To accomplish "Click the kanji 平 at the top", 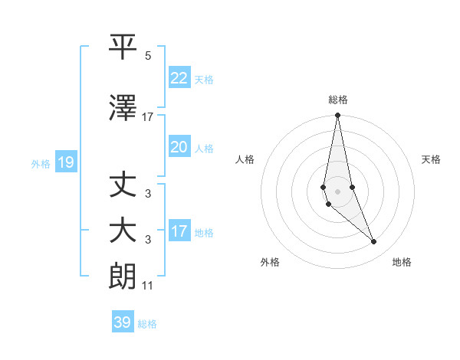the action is click(123, 47).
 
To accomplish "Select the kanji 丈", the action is click(123, 185).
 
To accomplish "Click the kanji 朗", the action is click(123, 275).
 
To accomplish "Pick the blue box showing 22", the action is click(179, 77).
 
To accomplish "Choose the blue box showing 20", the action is click(179, 147).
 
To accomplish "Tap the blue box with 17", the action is click(179, 231).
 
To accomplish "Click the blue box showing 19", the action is click(65, 162).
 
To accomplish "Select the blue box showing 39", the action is click(122, 322).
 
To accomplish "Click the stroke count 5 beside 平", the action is click(148, 56).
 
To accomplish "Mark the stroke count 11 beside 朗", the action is click(147, 286).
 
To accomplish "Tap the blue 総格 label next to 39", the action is click(147, 324).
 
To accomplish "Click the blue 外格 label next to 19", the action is click(40, 163).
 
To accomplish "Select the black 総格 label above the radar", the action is click(337, 100).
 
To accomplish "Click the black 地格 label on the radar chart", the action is click(402, 262).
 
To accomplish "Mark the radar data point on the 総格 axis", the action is click(337, 116).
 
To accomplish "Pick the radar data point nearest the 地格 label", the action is click(374, 242).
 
